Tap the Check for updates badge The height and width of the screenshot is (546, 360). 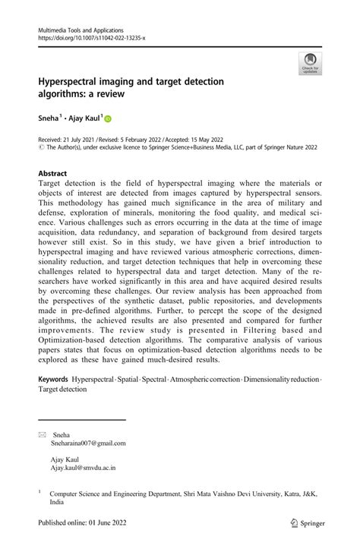click(310, 64)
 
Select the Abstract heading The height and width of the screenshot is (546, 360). click(52, 173)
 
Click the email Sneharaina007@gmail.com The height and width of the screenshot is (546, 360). click(89, 443)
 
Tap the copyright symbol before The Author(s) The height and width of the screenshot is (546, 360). click(40, 149)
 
